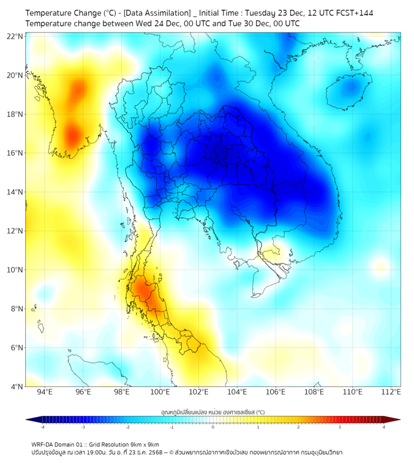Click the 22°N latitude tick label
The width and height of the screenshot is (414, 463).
coord(15,36)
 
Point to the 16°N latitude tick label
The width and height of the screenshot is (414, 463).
coord(15,153)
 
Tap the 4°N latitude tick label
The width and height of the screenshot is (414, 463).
coord(17,386)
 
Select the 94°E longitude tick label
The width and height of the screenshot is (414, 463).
coord(45,392)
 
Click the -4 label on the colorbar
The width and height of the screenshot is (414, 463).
coord(42,427)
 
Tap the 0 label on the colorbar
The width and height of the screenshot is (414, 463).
coord(213,427)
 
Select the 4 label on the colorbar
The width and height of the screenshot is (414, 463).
coord(384,427)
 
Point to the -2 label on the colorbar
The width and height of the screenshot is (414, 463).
coord(127,427)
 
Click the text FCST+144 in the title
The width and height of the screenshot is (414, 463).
coord(353,13)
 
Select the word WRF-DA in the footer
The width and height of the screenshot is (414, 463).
coord(43,445)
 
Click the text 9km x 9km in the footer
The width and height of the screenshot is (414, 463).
coord(144,445)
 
